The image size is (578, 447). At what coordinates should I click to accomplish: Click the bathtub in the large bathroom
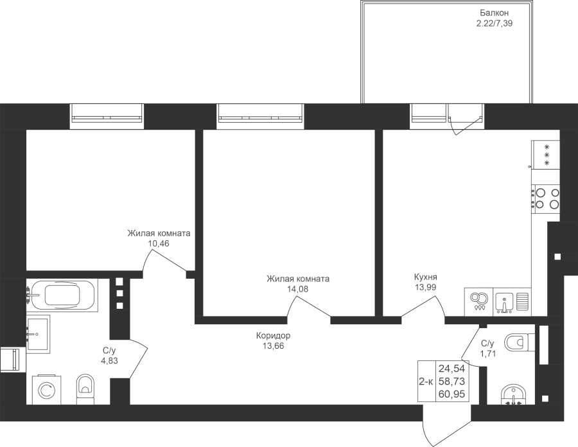[62, 295]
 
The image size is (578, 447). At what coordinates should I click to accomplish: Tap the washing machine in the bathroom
[47, 390]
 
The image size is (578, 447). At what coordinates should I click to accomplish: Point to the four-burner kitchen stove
[545, 198]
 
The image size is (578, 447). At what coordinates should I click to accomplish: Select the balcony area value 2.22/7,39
[495, 24]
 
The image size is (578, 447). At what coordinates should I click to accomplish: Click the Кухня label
[425, 277]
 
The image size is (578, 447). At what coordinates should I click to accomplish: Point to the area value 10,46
[159, 243]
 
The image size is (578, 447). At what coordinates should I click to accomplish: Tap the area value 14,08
[298, 289]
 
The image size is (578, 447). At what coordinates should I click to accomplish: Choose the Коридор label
[273, 336]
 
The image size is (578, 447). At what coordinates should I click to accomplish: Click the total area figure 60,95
[451, 395]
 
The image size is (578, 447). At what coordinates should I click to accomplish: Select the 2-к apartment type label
[426, 381]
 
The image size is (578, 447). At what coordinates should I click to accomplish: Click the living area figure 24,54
[451, 368]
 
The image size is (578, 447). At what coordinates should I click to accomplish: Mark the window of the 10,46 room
[107, 116]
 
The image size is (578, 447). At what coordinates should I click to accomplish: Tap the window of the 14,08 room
[260, 116]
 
